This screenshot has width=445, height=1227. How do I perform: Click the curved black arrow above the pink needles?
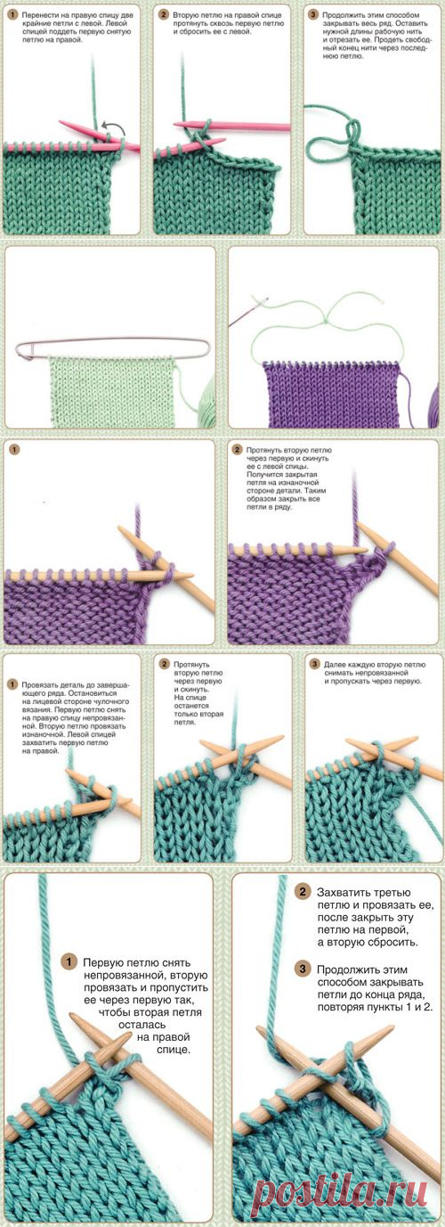pyautogui.click(x=116, y=127)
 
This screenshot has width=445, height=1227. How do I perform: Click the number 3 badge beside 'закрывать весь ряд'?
pyautogui.click(x=313, y=15)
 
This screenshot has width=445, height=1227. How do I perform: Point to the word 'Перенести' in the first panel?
pyautogui.click(x=37, y=16)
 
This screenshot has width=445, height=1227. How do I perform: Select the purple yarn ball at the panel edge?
pyautogui.click(x=434, y=405)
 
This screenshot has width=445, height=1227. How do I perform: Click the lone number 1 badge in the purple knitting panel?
pyautogui.click(x=14, y=450)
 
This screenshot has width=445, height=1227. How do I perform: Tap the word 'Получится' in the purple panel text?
pyautogui.click(x=263, y=474)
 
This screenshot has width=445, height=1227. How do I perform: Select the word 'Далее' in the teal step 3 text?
pyautogui.click(x=334, y=665)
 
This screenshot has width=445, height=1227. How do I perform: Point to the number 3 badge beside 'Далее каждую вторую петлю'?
pyautogui.click(x=314, y=665)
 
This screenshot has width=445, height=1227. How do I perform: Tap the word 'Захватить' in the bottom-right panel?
pyautogui.click(x=341, y=892)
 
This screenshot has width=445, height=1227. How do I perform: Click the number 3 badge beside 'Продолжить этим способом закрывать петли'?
pyautogui.click(x=302, y=969)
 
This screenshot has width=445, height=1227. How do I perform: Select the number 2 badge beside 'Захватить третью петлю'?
pyautogui.click(x=302, y=892)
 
